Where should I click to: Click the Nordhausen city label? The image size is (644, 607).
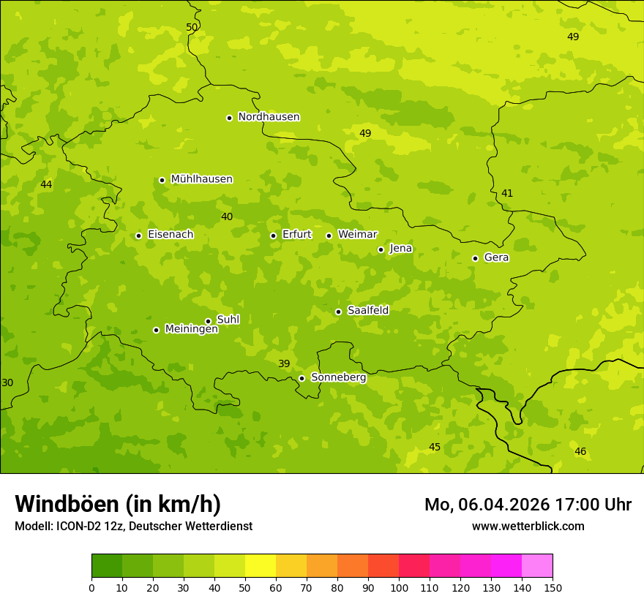[269, 117]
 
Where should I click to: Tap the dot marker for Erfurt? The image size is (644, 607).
[273, 235]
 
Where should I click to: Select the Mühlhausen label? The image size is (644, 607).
[201, 179]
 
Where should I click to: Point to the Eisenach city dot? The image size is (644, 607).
[138, 235]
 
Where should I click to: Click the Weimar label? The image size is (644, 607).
[357, 235]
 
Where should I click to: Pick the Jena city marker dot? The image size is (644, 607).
[381, 249]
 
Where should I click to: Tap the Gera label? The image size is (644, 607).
[496, 257]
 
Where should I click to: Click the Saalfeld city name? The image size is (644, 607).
[367, 311]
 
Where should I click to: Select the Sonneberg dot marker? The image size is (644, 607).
[302, 378]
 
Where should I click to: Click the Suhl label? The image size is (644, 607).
[228, 320]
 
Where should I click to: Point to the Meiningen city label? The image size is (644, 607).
[191, 329]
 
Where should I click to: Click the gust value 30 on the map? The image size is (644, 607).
[7, 382]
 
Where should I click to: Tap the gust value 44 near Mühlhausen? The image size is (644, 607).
[46, 184]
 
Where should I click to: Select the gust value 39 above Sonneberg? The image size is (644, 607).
[284, 363]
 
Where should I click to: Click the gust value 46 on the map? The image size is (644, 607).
[580, 451]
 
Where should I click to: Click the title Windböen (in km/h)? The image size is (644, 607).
[118, 504]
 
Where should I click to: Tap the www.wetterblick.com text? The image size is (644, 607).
[528, 526]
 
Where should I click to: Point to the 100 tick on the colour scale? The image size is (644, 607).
[399, 587]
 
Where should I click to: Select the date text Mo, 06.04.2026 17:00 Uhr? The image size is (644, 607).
[528, 505]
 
